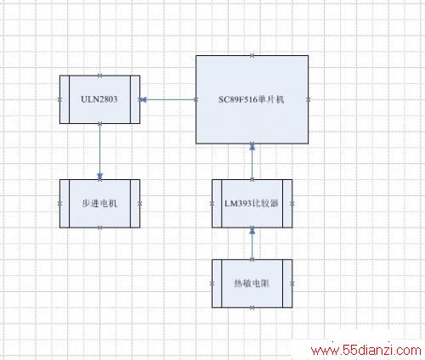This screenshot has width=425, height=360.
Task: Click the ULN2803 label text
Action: [99, 99]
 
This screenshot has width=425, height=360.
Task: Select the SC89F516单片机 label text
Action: [251, 99]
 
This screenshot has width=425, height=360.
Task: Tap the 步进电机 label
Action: [99, 203]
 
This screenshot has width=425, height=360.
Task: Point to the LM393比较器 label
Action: [252, 203]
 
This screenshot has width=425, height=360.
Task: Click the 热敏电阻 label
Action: [252, 284]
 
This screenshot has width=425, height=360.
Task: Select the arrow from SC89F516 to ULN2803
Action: [168, 99]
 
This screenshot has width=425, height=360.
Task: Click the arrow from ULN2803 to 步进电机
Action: [99, 151]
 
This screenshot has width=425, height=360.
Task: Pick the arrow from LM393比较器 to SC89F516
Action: [252, 161]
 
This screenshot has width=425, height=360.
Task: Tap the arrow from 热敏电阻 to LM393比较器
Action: [252, 244]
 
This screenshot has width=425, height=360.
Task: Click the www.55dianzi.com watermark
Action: [366, 351]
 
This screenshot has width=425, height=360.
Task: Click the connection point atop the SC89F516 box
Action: [252, 55]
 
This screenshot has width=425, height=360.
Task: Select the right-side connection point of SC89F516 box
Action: [309, 99]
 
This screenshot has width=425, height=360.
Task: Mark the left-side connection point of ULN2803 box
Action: [59, 99]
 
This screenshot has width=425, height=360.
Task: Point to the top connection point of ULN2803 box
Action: [99, 76]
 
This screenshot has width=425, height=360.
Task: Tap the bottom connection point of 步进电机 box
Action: [99, 228]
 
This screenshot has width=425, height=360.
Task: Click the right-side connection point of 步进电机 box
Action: [139, 204]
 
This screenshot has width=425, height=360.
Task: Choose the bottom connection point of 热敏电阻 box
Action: [252, 307]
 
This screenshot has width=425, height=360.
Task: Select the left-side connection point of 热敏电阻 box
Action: [212, 284]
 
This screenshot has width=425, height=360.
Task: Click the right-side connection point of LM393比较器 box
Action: [292, 204]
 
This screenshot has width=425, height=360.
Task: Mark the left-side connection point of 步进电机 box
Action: [59, 204]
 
